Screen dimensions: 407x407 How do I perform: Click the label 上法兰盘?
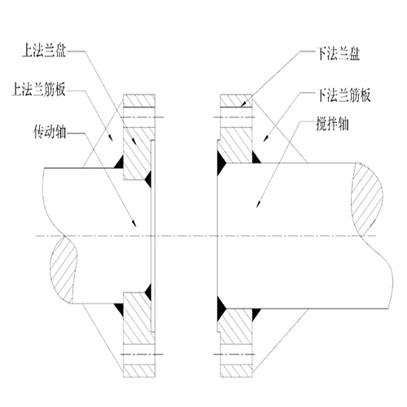44,50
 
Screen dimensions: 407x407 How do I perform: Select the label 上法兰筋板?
38,89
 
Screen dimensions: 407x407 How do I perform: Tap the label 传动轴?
50,131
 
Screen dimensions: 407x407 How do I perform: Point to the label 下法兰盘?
338,53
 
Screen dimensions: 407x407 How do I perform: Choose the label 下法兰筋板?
344,95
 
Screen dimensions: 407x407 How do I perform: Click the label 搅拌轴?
332,124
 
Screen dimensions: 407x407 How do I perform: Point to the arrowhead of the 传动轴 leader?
134,223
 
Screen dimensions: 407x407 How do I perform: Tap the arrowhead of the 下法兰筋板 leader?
266,138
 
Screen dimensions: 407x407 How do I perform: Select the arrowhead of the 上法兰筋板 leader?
111,138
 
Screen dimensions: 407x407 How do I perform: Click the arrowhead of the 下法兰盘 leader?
244,104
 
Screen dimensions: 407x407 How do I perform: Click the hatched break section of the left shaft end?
63,270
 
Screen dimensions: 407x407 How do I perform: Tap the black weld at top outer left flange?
119,162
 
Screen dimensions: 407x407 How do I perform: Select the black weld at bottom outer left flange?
119,309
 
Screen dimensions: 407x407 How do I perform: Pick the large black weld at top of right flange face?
221,164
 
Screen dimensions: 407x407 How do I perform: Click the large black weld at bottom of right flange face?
221,309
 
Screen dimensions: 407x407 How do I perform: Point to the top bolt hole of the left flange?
139,117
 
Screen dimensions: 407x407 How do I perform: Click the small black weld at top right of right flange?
256,157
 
